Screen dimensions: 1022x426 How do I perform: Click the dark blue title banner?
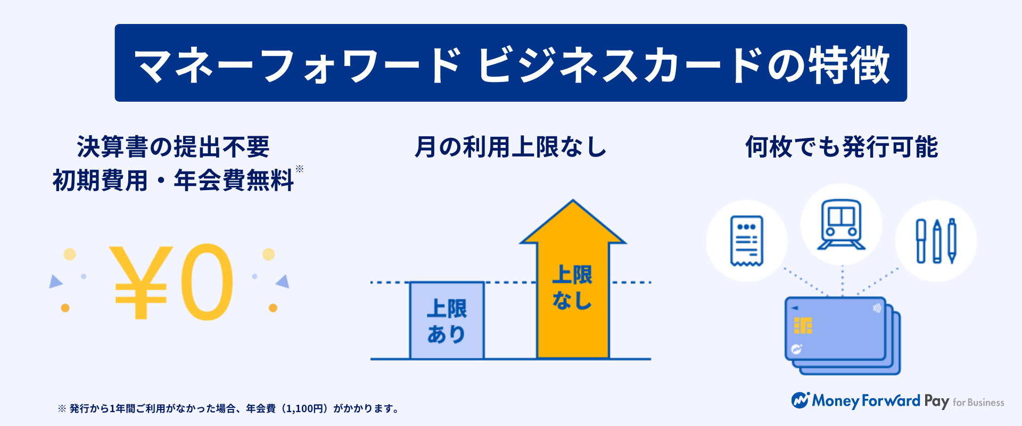(x=511, y=63)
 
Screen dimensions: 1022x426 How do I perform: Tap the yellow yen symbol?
(x=141, y=282)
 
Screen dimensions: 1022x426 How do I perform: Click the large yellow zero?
(x=207, y=282)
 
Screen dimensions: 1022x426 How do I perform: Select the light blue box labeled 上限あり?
(x=447, y=321)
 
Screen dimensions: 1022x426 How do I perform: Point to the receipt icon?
(x=747, y=241)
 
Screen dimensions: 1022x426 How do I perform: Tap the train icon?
(x=842, y=225)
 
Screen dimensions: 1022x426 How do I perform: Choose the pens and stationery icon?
(x=936, y=241)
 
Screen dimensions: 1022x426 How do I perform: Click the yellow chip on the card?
(x=803, y=325)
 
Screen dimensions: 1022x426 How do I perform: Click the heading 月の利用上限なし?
(x=511, y=147)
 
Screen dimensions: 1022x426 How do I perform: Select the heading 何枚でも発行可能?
(x=842, y=147)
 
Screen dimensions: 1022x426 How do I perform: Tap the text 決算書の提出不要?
(x=174, y=147)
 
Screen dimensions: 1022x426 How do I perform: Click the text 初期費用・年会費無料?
(x=173, y=181)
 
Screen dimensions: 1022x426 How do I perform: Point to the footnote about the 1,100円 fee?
(x=228, y=408)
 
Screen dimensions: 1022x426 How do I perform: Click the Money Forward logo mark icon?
(x=800, y=400)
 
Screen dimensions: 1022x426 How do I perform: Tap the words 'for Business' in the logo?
(x=978, y=403)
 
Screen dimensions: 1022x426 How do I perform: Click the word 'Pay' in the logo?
(x=936, y=402)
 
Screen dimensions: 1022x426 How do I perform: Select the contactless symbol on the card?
(x=876, y=308)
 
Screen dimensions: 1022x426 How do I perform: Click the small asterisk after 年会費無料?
(x=300, y=169)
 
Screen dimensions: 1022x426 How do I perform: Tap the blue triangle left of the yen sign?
(x=55, y=281)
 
